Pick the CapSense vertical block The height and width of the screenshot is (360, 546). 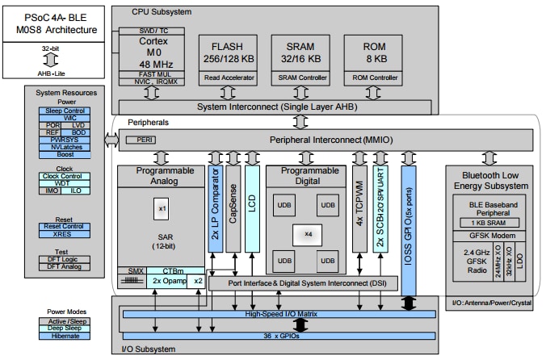233,208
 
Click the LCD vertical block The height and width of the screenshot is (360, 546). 252,208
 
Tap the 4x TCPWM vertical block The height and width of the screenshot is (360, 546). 359,208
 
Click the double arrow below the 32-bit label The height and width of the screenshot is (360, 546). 50,61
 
